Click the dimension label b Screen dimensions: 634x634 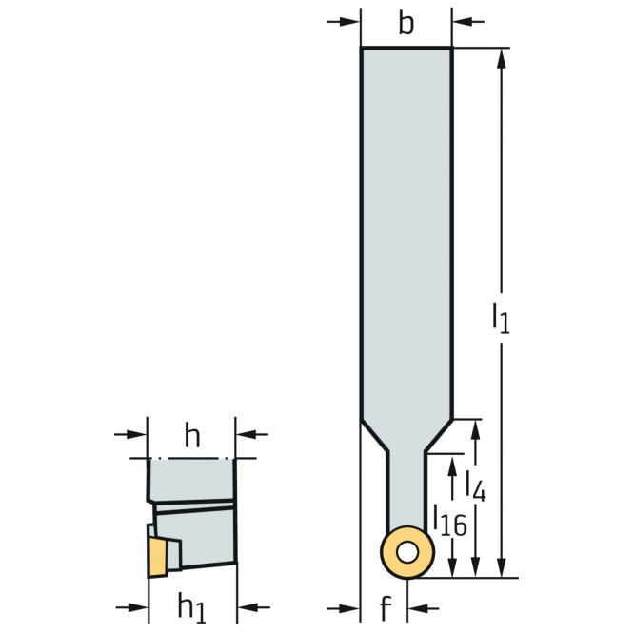tap(406, 24)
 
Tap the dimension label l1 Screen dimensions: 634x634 tap(501, 318)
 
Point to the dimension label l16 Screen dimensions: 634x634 tap(450, 520)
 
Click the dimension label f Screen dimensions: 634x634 tap(386, 607)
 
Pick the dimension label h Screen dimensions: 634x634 tap(192, 436)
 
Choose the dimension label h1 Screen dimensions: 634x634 tap(192, 607)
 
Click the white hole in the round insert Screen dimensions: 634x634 tap(407, 552)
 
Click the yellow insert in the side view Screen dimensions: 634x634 tap(158, 556)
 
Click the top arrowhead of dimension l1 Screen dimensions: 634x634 tap(502, 59)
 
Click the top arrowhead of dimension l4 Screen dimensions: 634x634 tap(476, 430)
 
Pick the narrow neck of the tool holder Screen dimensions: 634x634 tap(406, 489)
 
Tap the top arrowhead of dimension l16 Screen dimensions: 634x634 tap(452, 465)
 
